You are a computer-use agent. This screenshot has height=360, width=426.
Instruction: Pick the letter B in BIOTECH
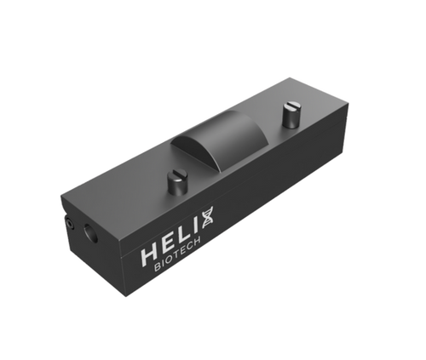click(158, 271)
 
